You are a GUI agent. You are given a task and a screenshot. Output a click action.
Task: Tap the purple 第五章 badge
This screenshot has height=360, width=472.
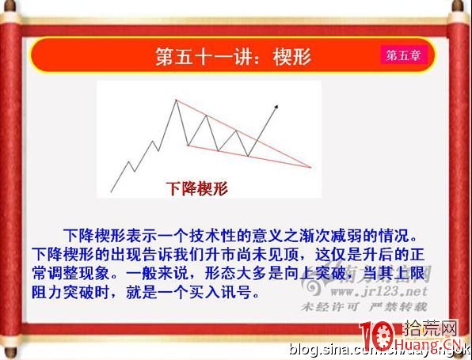pyautogui.click(x=403, y=55)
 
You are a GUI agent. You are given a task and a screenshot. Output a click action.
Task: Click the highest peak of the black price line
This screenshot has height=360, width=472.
pyautogui.click(x=175, y=100)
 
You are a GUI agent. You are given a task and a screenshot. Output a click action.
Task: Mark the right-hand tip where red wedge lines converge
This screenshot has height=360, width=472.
pyautogui.click(x=310, y=167)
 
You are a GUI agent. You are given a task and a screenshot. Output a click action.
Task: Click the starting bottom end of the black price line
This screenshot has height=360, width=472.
pyautogui.click(x=112, y=191)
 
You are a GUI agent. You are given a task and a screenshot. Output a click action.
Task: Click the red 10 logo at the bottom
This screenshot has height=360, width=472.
pyautogui.click(x=376, y=337)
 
